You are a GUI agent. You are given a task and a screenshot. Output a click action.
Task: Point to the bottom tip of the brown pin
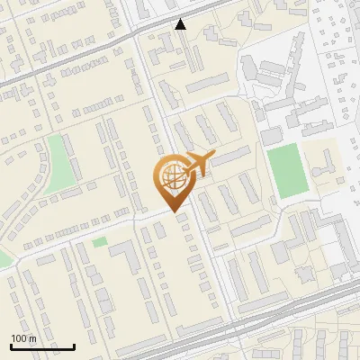(x=173, y=212)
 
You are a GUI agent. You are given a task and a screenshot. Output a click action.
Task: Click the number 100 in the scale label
(x=19, y=338)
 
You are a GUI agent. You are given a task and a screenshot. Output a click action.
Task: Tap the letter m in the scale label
(x=32, y=338)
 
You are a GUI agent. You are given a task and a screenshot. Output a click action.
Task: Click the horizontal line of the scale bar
(x=42, y=346)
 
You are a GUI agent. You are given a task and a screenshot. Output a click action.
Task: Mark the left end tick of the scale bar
(x=11, y=346)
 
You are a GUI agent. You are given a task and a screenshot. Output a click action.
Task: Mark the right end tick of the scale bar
(x=75, y=346)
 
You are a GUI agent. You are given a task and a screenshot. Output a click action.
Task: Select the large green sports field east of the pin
(x=285, y=172)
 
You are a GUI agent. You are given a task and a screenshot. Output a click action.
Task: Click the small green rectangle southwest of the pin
(x=99, y=242)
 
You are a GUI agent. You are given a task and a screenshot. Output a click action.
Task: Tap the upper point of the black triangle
(x=181, y=20)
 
